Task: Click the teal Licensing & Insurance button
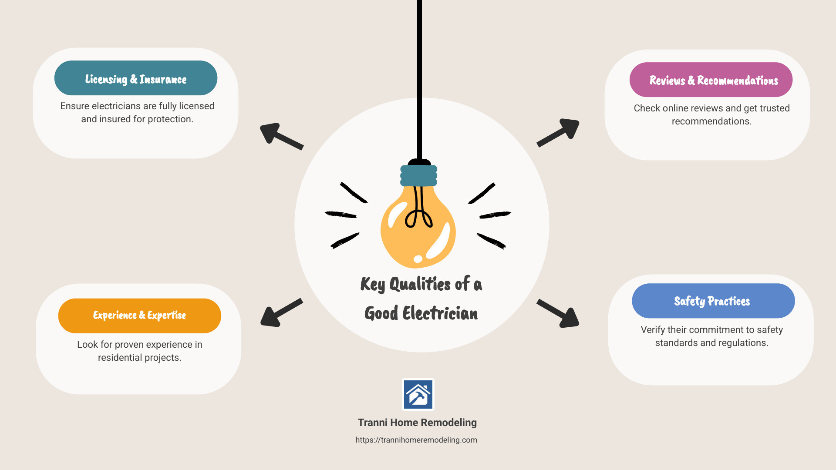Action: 135,78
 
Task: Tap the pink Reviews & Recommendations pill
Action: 711,80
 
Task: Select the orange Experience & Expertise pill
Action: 139,316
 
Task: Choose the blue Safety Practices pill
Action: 713,301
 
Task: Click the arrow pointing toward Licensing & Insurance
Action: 281,136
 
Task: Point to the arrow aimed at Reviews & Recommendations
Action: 559,132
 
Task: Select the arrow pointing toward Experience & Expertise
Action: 281,312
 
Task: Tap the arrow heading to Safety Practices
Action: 559,313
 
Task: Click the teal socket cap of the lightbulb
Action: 418,175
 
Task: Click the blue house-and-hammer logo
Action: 418,394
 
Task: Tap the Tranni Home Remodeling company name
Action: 417,423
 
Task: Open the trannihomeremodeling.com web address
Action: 416,440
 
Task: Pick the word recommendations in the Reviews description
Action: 711,121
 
